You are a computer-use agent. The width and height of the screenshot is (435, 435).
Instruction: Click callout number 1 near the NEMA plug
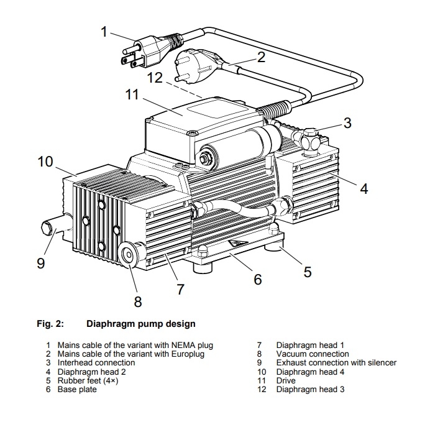[x=104, y=31]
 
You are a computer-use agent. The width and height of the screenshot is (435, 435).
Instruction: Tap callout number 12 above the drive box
[x=155, y=78]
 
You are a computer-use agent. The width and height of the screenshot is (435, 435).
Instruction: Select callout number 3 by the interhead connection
[x=347, y=122]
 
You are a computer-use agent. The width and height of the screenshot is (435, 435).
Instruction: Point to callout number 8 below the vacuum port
[x=138, y=301]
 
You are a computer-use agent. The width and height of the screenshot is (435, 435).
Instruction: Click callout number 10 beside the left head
[x=45, y=162]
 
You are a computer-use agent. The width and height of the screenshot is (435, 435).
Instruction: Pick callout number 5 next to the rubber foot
[x=308, y=272]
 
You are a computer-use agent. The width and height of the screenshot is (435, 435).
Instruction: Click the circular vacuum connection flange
[x=129, y=255]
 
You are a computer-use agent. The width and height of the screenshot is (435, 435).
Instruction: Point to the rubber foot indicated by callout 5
[x=273, y=247]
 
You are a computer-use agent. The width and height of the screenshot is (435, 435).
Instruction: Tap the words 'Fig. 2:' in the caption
[x=50, y=324]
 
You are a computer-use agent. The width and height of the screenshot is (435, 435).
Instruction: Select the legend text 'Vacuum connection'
[x=313, y=354]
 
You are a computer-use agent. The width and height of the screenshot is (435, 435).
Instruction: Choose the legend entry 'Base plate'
[x=77, y=389]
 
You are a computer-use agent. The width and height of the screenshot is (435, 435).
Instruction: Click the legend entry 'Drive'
[x=286, y=380]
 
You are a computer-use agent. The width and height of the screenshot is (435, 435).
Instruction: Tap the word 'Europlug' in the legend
[x=186, y=354]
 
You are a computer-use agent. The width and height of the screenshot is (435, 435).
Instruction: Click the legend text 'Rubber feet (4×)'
[x=88, y=380]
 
